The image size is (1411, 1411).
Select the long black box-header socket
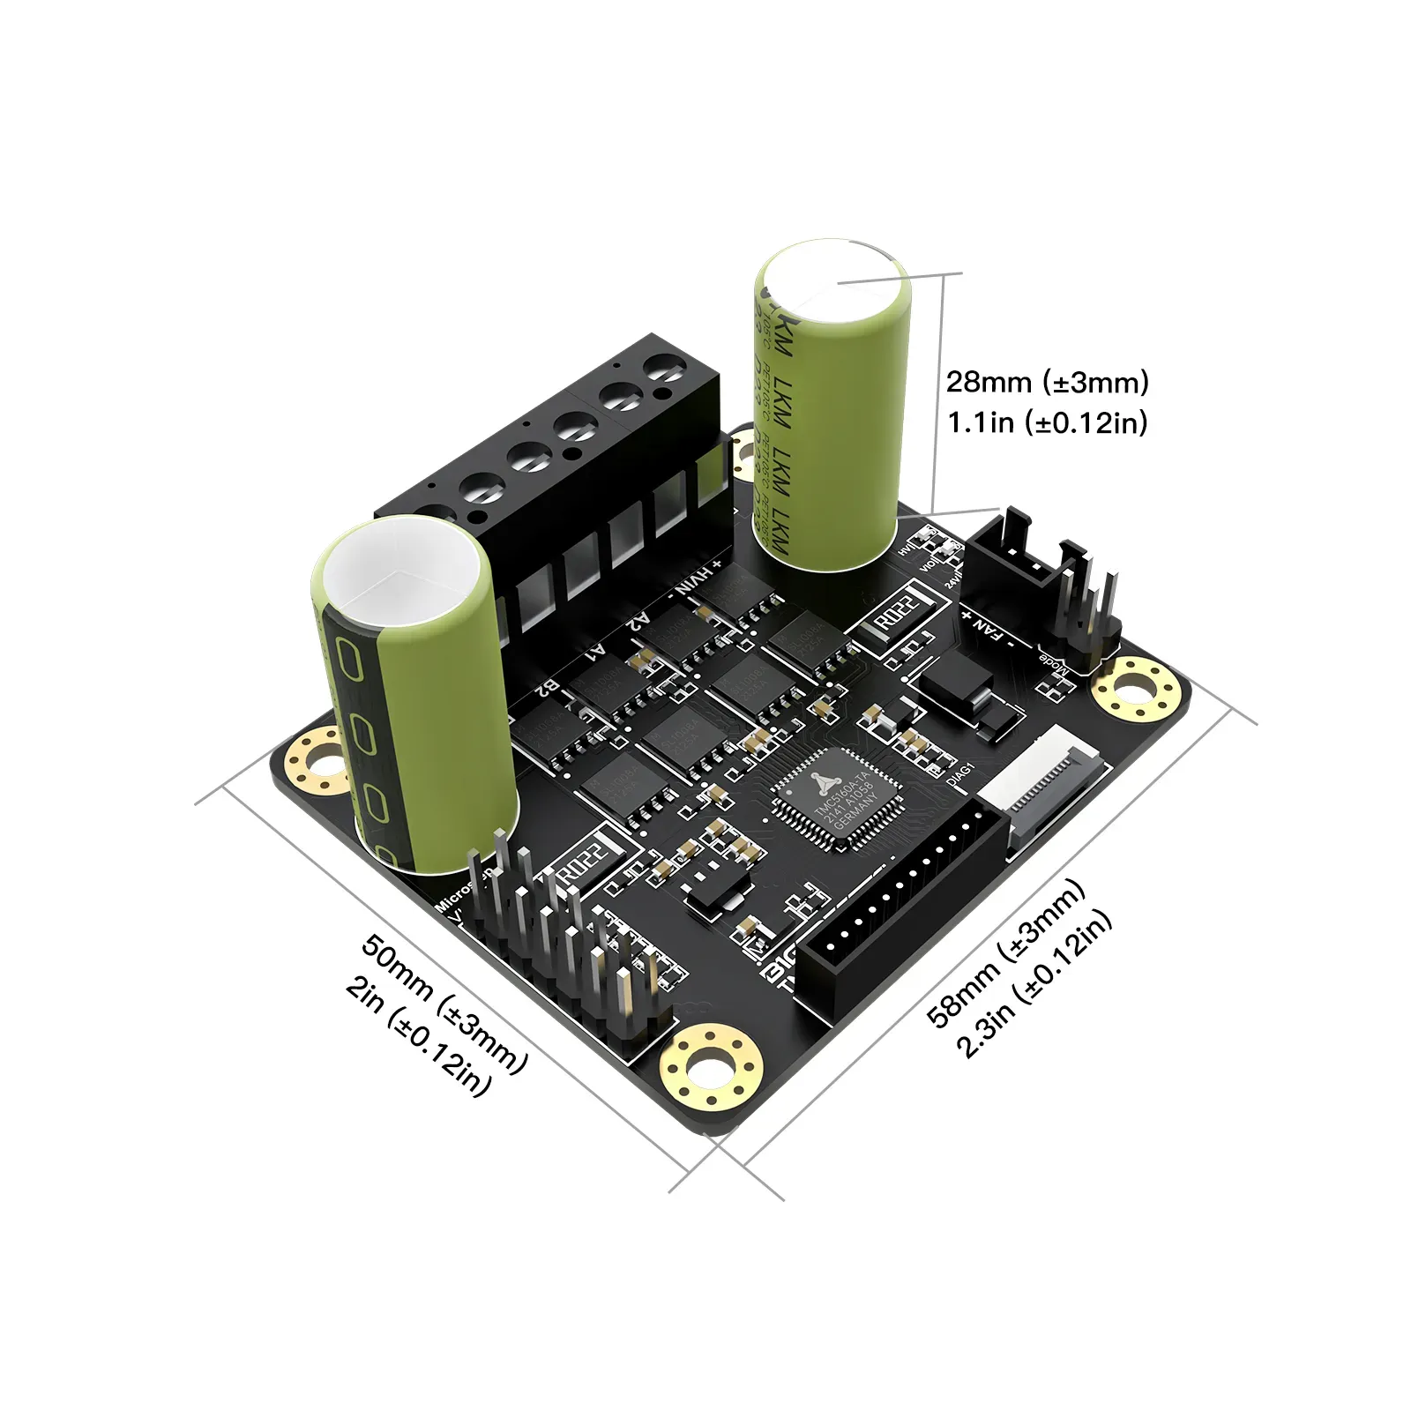900,917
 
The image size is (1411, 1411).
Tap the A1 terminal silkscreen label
596,653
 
